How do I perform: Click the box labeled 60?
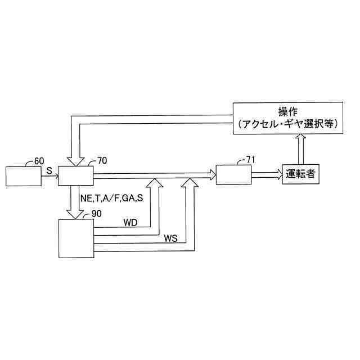click(x=23, y=176)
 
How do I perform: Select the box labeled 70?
click(x=75, y=176)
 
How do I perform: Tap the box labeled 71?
click(x=233, y=175)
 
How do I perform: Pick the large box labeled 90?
click(x=76, y=238)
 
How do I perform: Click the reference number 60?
click(x=39, y=161)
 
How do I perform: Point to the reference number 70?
click(x=102, y=161)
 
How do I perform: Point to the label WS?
click(x=171, y=237)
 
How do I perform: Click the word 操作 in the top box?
click(x=287, y=110)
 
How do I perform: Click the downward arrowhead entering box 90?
click(x=75, y=212)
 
